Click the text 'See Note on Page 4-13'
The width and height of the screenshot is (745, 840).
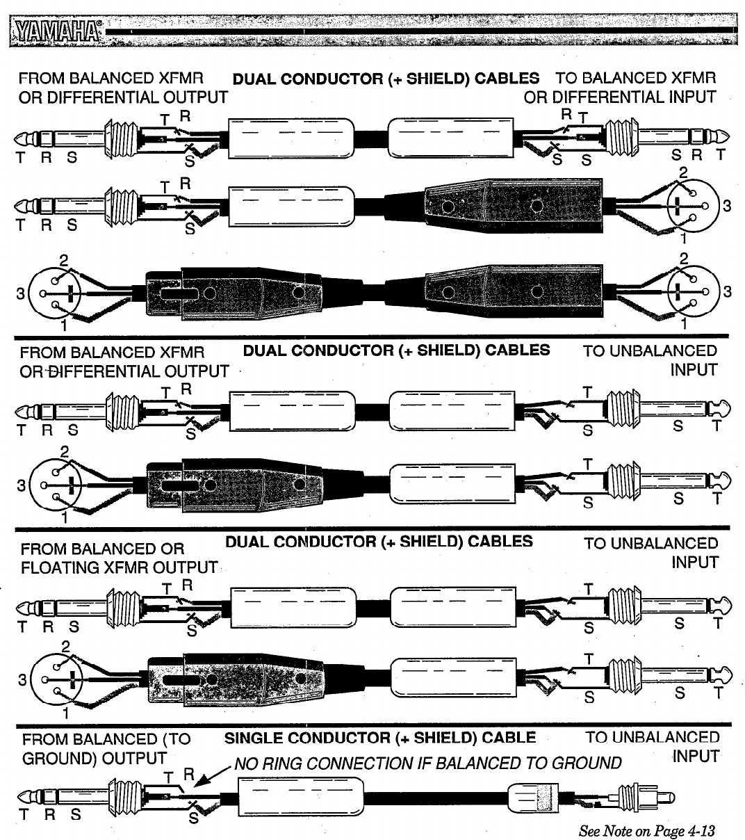click(x=646, y=830)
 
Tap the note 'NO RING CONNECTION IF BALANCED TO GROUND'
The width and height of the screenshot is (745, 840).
click(x=427, y=764)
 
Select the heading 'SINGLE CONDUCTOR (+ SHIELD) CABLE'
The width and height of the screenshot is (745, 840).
click(x=379, y=738)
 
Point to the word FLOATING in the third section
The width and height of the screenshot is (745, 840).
click(x=62, y=568)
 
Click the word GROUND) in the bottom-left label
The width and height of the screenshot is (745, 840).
click(x=60, y=757)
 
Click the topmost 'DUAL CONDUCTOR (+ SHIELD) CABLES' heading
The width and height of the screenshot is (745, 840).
click(x=386, y=79)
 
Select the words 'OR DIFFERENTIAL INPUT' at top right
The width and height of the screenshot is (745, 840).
click(x=619, y=97)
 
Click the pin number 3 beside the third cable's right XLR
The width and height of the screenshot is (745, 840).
click(x=728, y=291)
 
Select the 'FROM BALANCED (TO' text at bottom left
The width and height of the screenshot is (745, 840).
click(x=106, y=738)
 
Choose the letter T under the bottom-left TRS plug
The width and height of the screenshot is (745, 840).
click(x=24, y=814)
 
